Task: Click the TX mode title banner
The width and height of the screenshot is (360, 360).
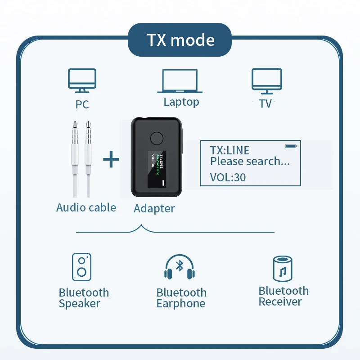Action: pyautogui.click(x=180, y=40)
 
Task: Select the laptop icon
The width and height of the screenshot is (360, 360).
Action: pyautogui.click(x=180, y=81)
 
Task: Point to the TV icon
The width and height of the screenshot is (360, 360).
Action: pyautogui.click(x=266, y=81)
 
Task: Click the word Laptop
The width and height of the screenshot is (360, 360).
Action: pyautogui.click(x=181, y=102)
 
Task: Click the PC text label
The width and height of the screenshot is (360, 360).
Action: pyautogui.click(x=82, y=104)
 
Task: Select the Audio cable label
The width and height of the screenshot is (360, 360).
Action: pyautogui.click(x=86, y=207)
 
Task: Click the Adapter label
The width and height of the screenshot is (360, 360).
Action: pyautogui.click(x=154, y=209)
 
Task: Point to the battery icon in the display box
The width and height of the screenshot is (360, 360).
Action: pyautogui.click(x=291, y=146)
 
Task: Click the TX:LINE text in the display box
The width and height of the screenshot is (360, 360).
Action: pyautogui.click(x=229, y=151)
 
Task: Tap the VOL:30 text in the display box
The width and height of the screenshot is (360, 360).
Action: pyautogui.click(x=228, y=177)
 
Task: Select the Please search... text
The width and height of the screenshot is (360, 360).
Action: pyautogui.click(x=250, y=162)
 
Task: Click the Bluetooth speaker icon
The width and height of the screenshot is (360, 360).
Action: pyautogui.click(x=82, y=267)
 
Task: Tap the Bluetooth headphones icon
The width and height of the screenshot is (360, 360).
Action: pyautogui.click(x=180, y=268)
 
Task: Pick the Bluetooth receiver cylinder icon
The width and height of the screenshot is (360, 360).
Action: pyautogui.click(x=283, y=269)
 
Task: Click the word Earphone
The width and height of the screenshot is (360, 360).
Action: pyautogui.click(x=180, y=304)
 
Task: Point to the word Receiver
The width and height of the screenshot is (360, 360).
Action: pyautogui.click(x=280, y=302)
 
